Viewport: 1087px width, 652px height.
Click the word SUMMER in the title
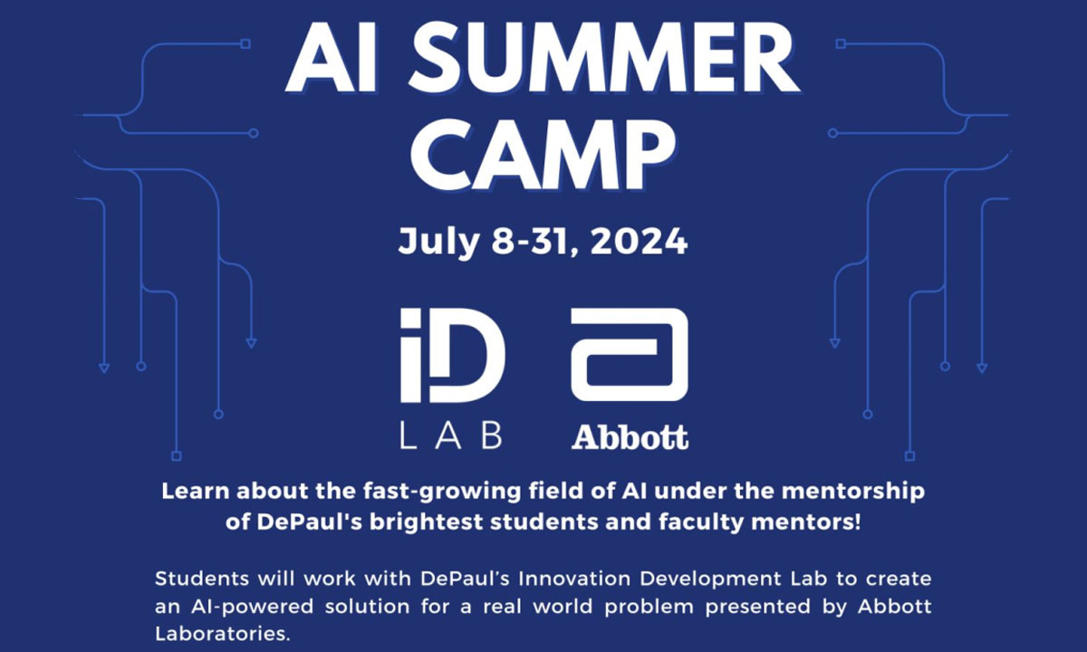click(603, 58)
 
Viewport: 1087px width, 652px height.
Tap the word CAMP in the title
click(543, 154)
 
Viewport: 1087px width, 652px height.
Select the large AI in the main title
click(332, 58)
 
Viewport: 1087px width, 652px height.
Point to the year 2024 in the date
click(639, 241)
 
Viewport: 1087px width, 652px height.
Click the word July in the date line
click(439, 243)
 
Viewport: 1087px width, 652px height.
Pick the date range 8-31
click(530, 241)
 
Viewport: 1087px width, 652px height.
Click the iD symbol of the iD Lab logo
click(452, 355)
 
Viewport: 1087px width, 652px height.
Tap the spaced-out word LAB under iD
click(451, 436)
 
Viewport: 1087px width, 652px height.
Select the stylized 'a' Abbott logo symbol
click(630, 355)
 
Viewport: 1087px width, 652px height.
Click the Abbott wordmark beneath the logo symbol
click(630, 437)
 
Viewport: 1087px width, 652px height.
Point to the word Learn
click(195, 491)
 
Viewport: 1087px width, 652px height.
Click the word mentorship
click(853, 492)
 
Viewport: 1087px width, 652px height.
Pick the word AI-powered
click(253, 608)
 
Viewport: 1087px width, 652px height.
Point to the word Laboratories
click(222, 634)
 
